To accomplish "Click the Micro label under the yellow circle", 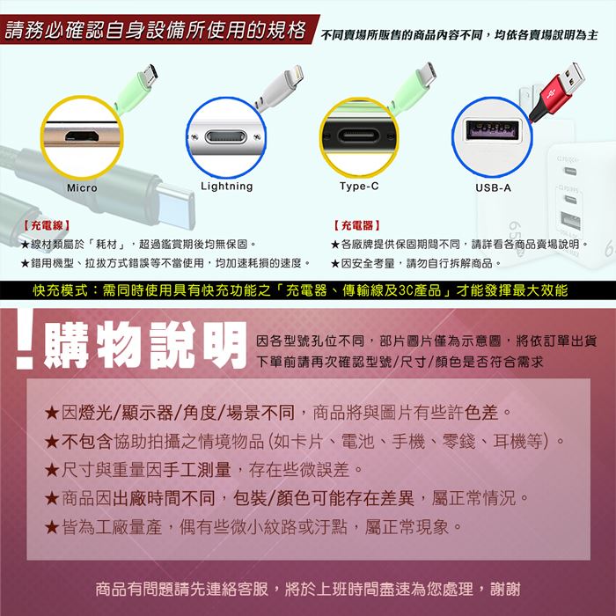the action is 82,187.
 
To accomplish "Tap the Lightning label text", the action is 227,187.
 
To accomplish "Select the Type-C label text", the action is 359,186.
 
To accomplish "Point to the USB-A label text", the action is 493,187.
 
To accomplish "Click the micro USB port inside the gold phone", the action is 82,136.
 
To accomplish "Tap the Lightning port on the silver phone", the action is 226,137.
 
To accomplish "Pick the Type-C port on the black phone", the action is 359,136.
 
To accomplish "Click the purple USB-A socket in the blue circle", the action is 492,130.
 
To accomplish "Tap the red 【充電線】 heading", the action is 47,225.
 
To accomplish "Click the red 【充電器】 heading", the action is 357,225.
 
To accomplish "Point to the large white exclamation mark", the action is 26,339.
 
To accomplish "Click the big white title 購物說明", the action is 144,345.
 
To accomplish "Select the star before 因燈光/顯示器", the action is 52,414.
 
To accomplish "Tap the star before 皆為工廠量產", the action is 52,527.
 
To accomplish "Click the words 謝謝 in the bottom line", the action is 505,589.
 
